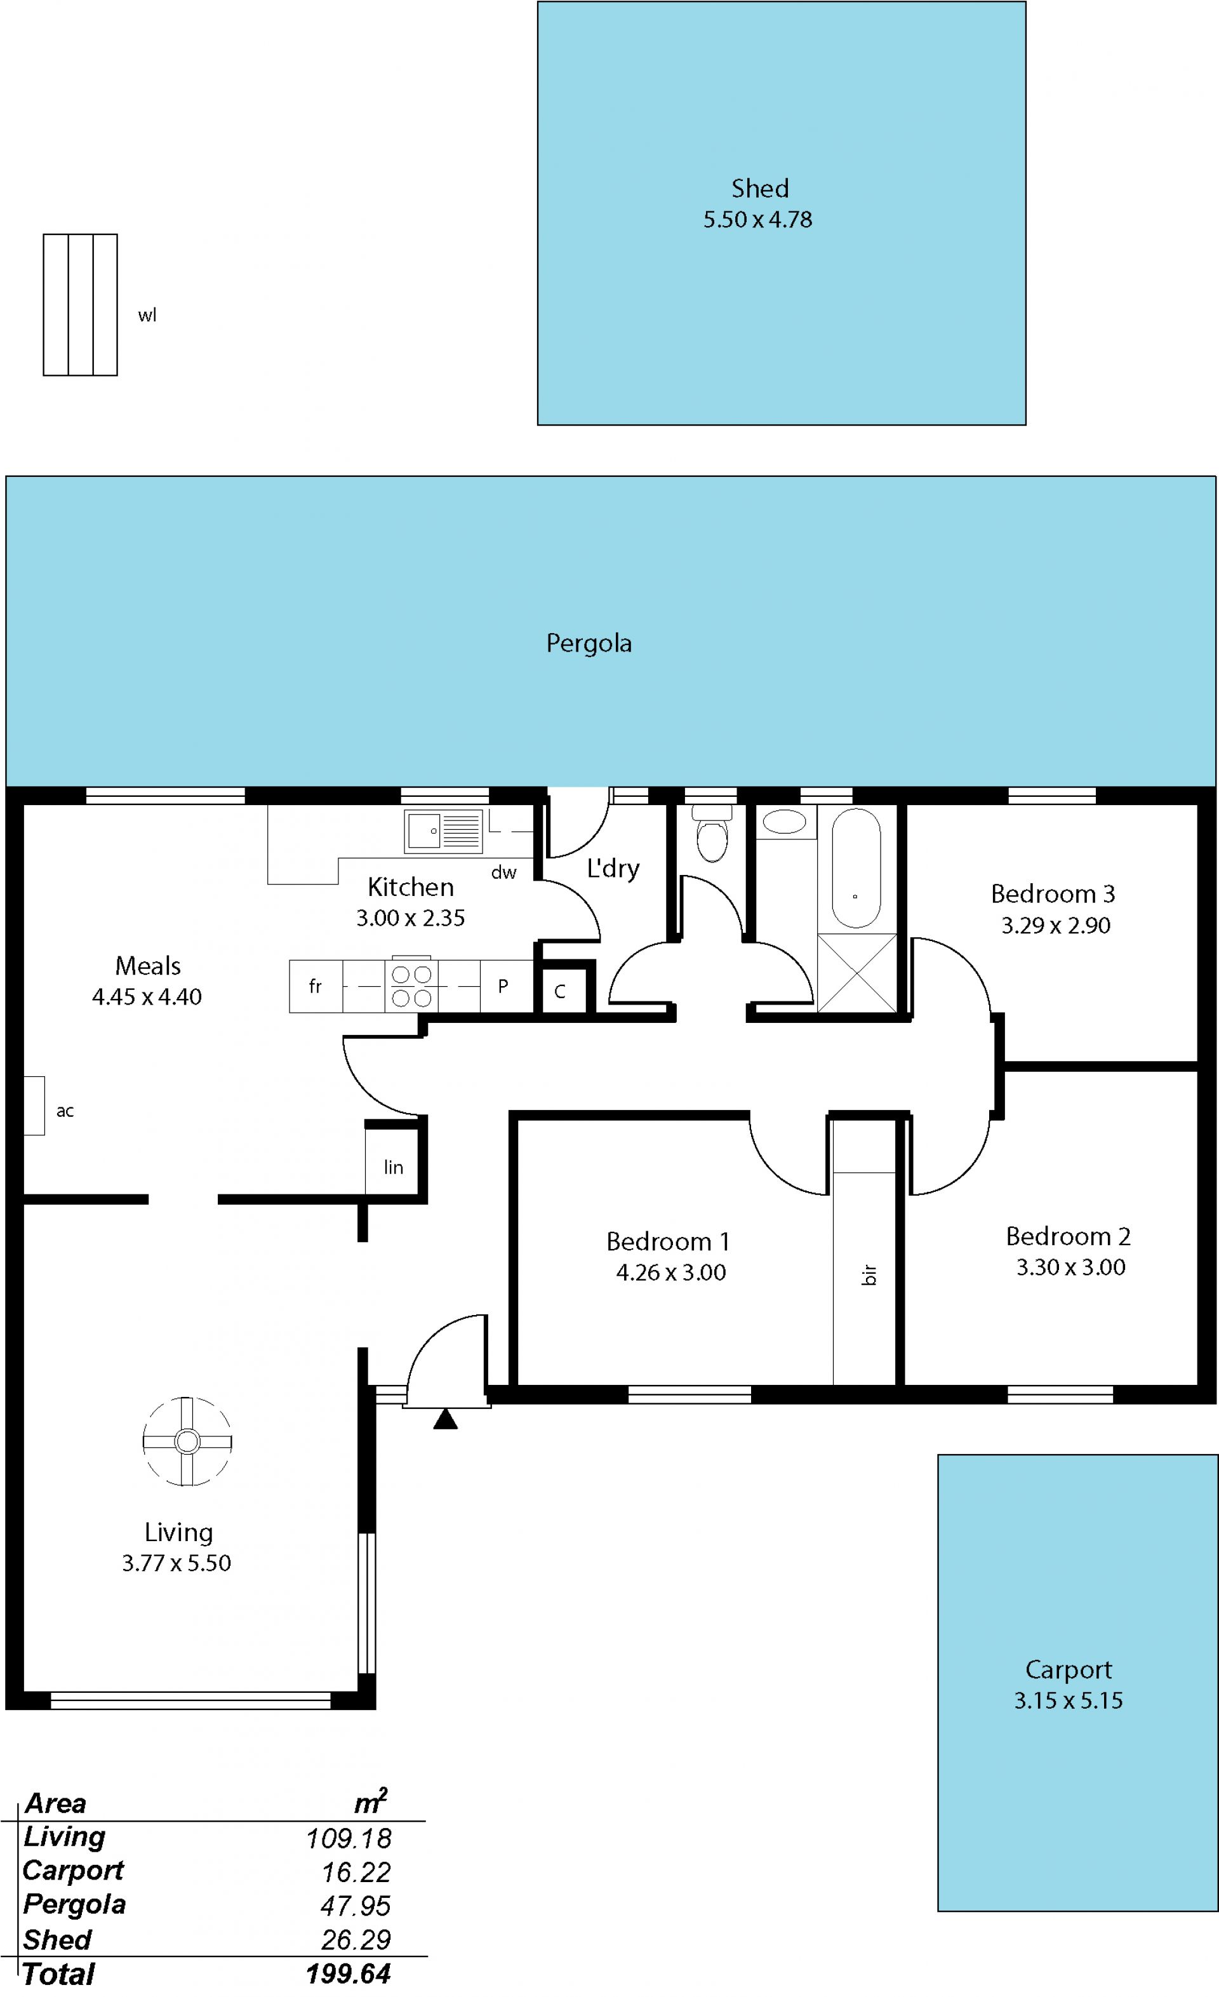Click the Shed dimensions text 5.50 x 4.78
(x=757, y=220)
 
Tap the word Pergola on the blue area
(x=589, y=643)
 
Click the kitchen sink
(x=443, y=831)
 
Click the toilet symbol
(x=712, y=834)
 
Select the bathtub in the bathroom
(x=856, y=868)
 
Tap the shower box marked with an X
(x=856, y=973)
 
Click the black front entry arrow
(x=445, y=1419)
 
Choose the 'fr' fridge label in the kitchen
(x=316, y=986)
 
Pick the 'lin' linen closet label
(x=393, y=1167)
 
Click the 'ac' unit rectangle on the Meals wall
(x=34, y=1105)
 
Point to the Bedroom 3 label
(x=1053, y=894)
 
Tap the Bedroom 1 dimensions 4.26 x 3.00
(x=671, y=1272)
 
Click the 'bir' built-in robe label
(x=869, y=1275)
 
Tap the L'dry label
(x=613, y=869)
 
